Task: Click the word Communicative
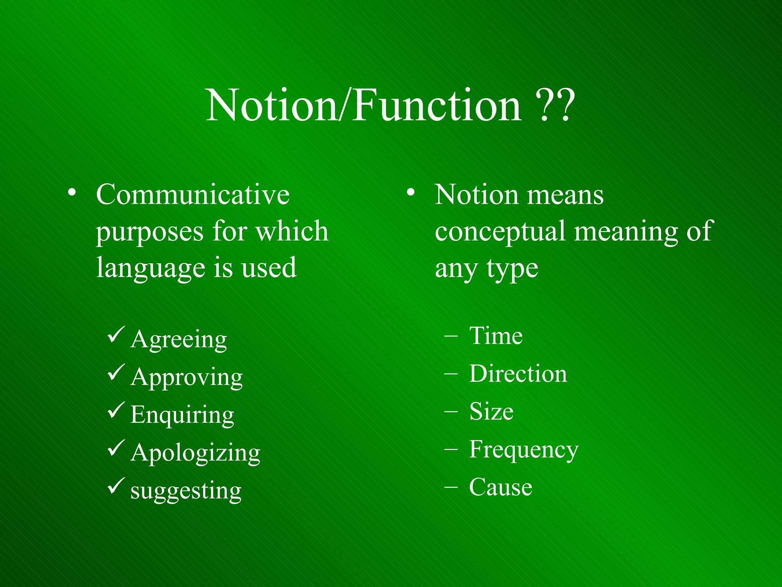tap(193, 195)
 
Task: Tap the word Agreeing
tap(179, 339)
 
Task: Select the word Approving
tap(186, 378)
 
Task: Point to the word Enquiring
tap(182, 415)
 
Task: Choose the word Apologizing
tap(195, 453)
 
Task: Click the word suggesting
tap(186, 491)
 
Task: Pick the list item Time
tap(496, 336)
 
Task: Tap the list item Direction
tap(518, 374)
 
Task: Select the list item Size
tap(491, 412)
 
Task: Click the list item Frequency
tap(523, 449)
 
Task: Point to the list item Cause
tap(500, 487)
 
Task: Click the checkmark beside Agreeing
tap(116, 334)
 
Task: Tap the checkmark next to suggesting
tap(116, 486)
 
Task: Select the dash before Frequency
tap(451, 450)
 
